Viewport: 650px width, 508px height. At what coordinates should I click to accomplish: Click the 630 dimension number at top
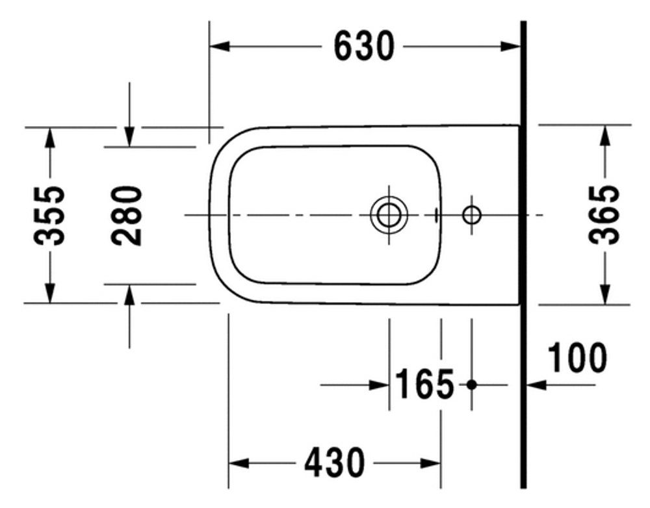point(364,46)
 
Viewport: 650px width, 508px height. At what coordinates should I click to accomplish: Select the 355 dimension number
point(50,215)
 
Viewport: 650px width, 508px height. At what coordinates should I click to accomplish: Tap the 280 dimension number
point(127,215)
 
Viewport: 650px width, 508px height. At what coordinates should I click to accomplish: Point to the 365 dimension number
point(604,214)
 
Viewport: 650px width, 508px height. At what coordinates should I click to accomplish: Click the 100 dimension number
point(577,358)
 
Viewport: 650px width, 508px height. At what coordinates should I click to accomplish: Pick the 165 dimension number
point(425,385)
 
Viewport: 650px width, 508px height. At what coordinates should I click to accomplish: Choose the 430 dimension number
point(334,463)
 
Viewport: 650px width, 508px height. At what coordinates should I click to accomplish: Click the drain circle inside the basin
point(389,215)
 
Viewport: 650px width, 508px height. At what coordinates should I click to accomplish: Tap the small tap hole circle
point(471,214)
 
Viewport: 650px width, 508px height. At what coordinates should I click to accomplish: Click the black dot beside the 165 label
point(472,385)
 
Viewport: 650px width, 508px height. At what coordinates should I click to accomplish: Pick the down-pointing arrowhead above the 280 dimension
point(129,137)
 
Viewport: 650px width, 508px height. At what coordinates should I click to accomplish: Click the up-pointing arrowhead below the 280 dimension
point(129,294)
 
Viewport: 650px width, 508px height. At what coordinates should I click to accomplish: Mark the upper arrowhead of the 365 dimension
point(605,135)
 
